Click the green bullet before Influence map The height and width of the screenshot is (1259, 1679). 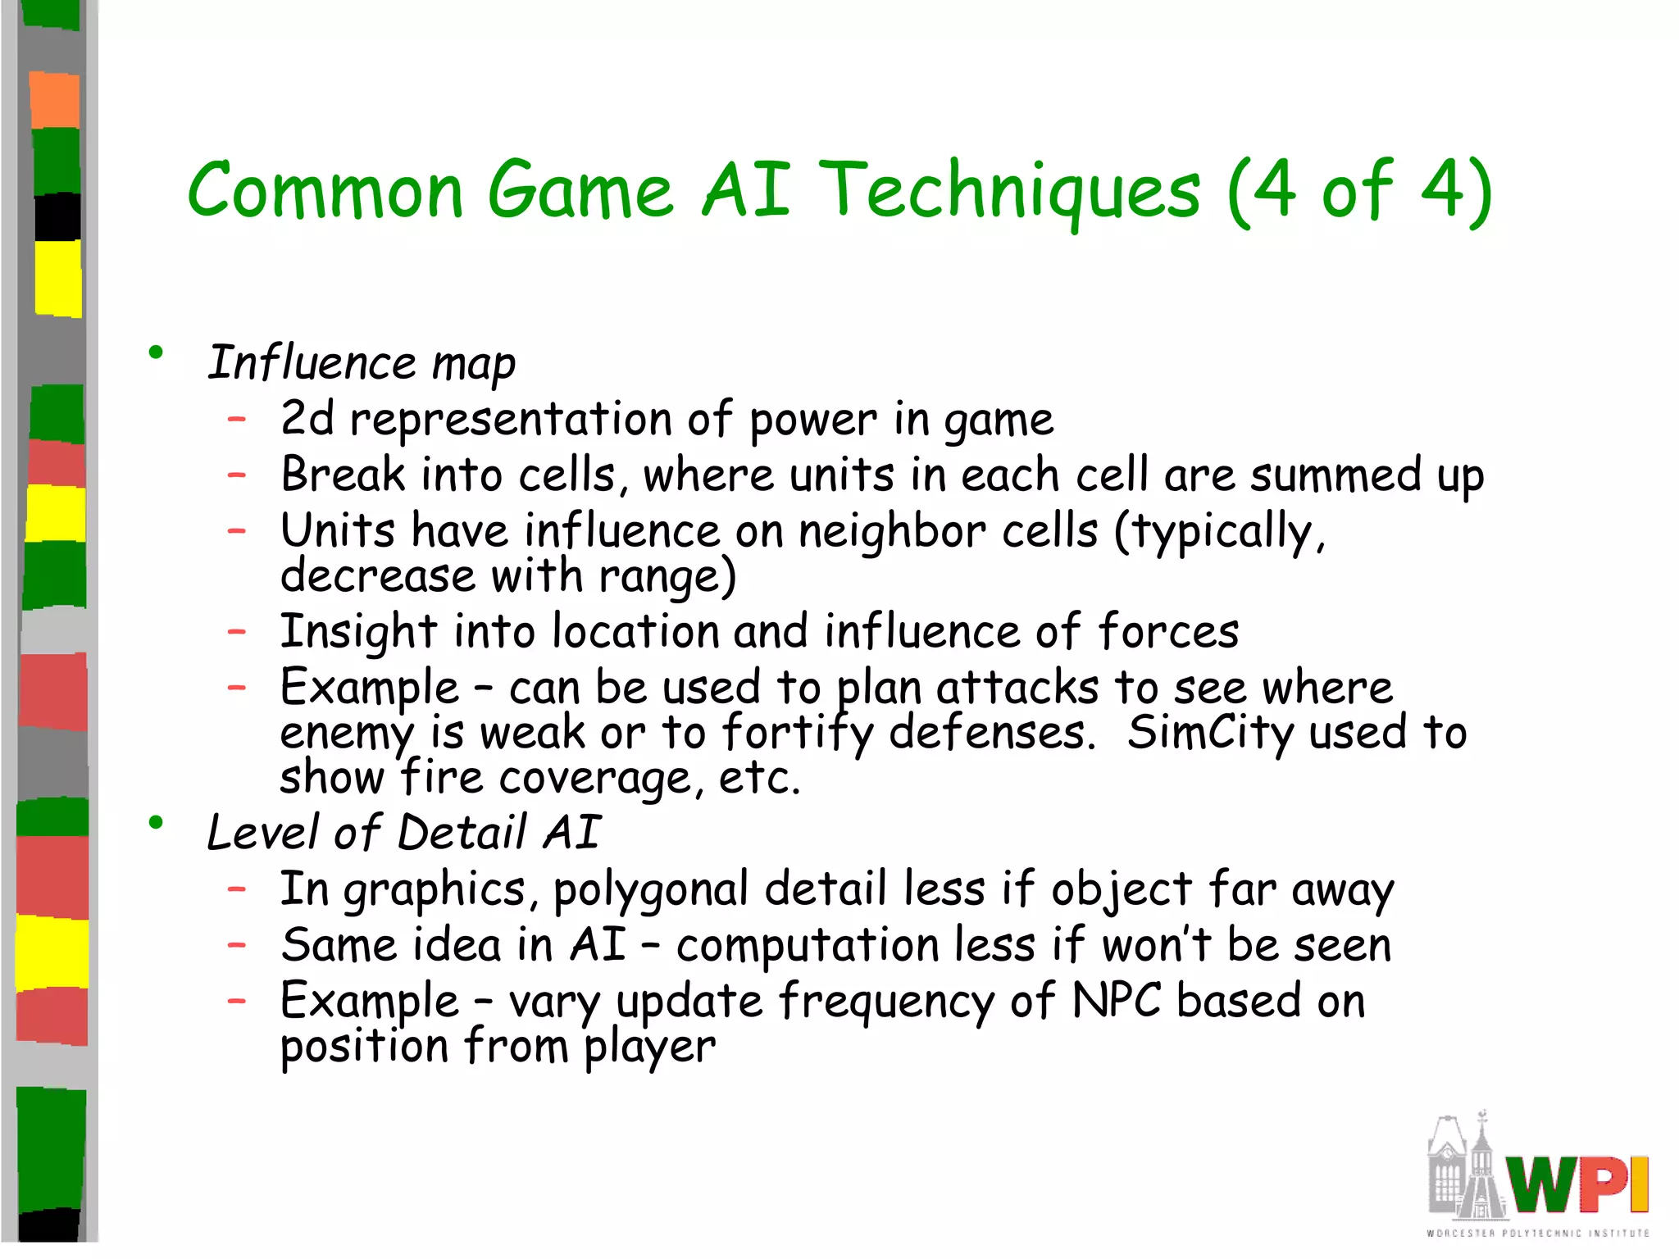coord(156,353)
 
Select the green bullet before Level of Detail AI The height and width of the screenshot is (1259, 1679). coord(156,823)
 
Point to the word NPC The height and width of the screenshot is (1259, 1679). coord(1115,1000)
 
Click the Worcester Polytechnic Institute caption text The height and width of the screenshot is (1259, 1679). coord(1537,1233)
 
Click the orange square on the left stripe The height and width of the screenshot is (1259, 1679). coord(55,100)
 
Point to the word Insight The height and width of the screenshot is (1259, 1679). coord(358,633)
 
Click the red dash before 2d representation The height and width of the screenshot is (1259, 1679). coord(237,420)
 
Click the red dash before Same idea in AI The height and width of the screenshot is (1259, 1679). coord(237,945)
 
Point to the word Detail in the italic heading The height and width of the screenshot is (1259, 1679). coord(462,833)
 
